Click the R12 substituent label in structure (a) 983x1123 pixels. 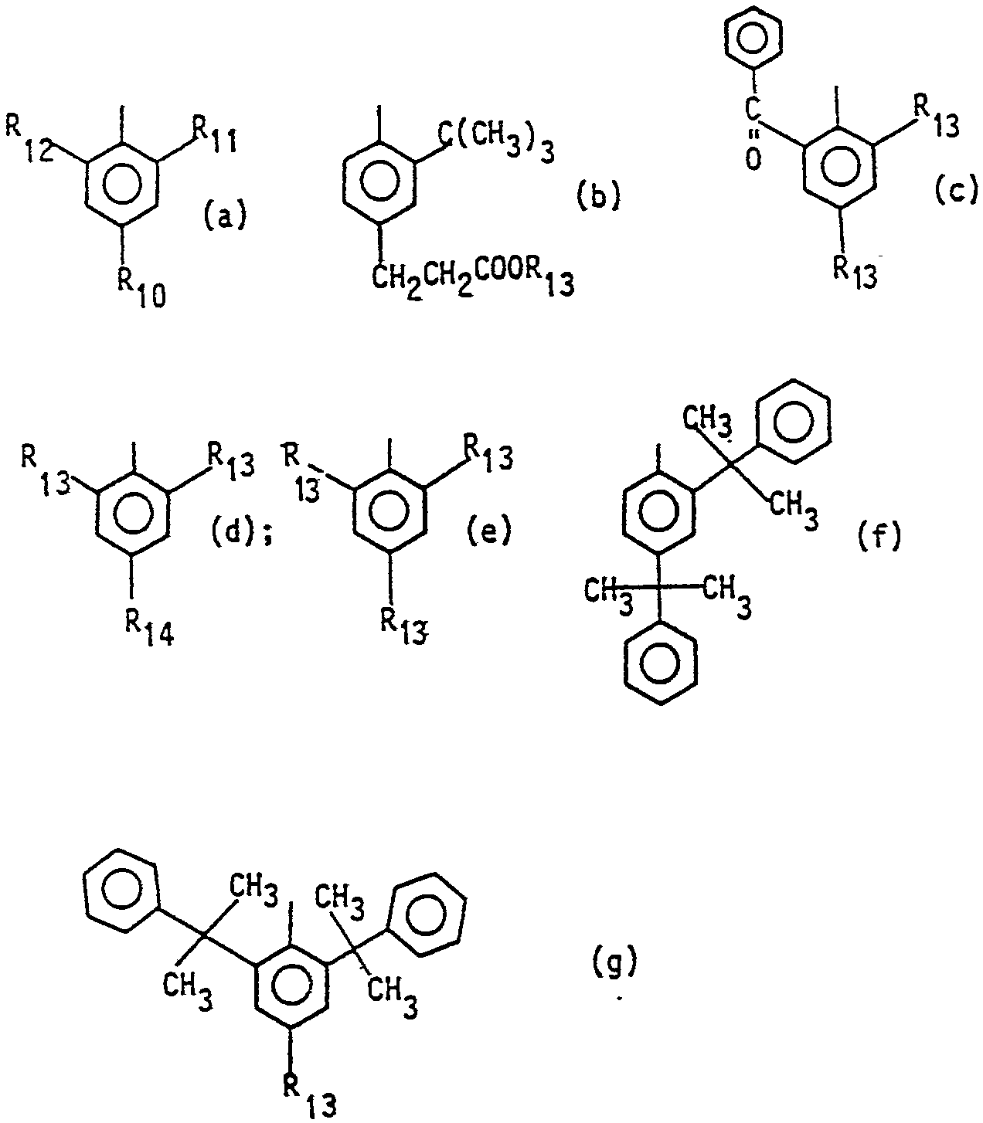tap(29, 137)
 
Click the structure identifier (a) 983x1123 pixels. tap(225, 215)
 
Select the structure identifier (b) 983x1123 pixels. tap(599, 196)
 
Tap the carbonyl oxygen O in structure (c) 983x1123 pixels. tap(754, 160)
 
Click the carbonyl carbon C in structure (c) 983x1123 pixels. tap(754, 108)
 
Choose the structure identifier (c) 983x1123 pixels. tap(956, 188)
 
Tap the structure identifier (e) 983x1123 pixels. tap(488, 531)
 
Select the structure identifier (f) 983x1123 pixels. tap(879, 535)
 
